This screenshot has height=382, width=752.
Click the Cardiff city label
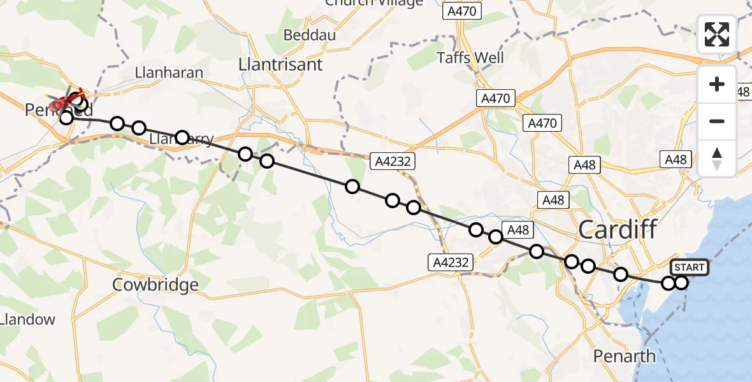pos(618,229)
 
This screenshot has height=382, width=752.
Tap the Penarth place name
pos(624,356)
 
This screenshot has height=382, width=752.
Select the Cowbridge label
pos(155,285)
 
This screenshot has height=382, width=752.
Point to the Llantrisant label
pos(280,64)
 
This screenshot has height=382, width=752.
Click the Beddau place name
pos(309,35)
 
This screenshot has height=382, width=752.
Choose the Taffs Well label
pos(471,58)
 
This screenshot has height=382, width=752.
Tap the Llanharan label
pos(169,73)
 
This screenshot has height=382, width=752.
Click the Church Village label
pos(373,3)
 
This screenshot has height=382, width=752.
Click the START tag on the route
pos(689,267)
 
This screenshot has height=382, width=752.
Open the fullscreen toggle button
pos(717,34)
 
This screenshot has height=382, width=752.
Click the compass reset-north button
pos(717,159)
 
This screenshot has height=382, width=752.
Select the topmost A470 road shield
pos(463,11)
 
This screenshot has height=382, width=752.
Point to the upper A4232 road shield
pos(392,162)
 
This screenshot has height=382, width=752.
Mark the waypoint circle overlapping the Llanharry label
pos(182,137)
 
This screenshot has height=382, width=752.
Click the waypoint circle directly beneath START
pos(682,283)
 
